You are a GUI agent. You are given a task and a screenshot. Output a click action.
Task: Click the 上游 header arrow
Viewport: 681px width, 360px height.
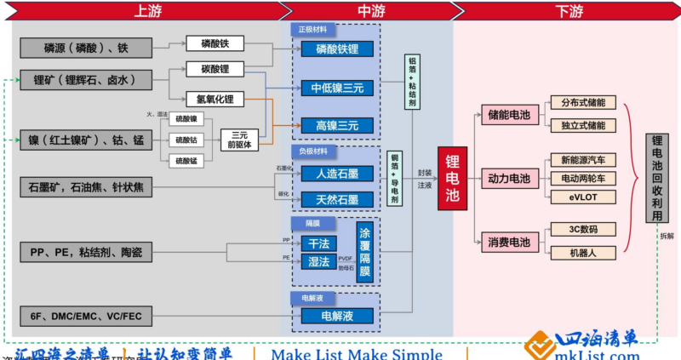142,10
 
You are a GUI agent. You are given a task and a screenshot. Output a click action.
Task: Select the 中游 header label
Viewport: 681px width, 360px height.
369,10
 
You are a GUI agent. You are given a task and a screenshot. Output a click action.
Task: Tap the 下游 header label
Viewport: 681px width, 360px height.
569,10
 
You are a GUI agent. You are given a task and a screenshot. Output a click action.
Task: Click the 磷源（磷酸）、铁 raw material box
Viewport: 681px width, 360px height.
85,48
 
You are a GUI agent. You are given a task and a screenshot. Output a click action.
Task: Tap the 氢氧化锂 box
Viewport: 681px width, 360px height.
215,100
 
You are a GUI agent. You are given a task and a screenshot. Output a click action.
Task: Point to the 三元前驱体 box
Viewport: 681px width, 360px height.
239,140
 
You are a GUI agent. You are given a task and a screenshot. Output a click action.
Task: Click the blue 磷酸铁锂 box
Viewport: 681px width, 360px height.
337,49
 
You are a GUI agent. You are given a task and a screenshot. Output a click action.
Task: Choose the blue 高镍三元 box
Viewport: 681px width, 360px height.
337,125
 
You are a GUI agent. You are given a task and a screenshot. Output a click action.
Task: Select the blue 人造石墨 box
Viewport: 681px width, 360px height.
337,174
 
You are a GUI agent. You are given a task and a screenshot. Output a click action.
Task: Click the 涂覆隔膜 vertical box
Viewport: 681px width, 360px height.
365,248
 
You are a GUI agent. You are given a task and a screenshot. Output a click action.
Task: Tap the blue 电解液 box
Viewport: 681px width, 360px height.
337,317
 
